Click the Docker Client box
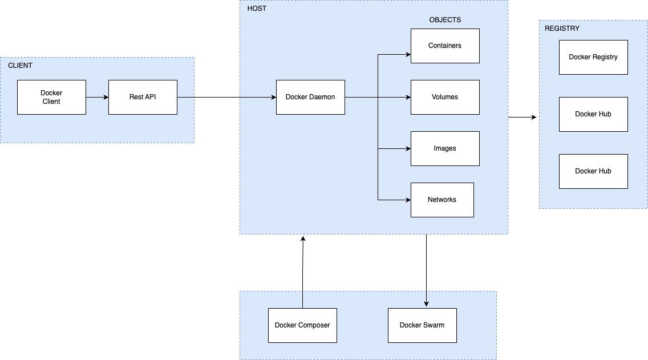click(x=51, y=97)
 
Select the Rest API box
click(x=143, y=97)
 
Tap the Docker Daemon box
click(x=310, y=97)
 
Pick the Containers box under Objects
click(x=445, y=46)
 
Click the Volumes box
click(x=445, y=97)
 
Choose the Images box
click(x=445, y=148)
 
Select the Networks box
click(x=442, y=200)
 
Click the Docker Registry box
click(x=593, y=57)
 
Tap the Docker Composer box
click(x=302, y=325)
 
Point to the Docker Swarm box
click(x=422, y=325)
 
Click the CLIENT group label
click(x=20, y=66)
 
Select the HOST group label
click(x=257, y=9)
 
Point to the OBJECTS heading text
click(x=445, y=20)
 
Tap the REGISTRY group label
click(x=562, y=29)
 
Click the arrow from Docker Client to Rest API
click(x=97, y=97)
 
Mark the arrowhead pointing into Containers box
click(x=408, y=55)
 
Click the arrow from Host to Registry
click(x=523, y=118)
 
